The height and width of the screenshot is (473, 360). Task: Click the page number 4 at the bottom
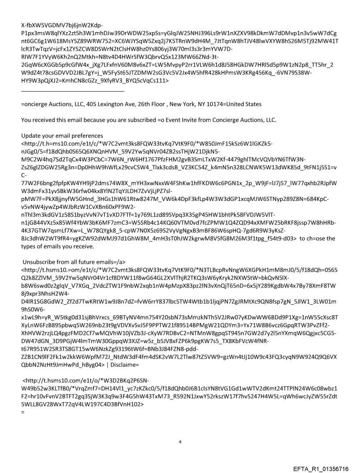pos(180,429)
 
